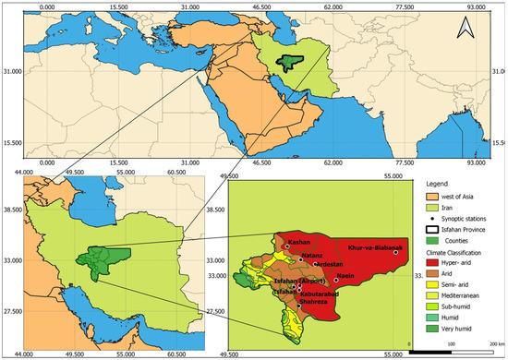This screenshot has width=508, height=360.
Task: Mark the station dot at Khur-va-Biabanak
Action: pos(396,252)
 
